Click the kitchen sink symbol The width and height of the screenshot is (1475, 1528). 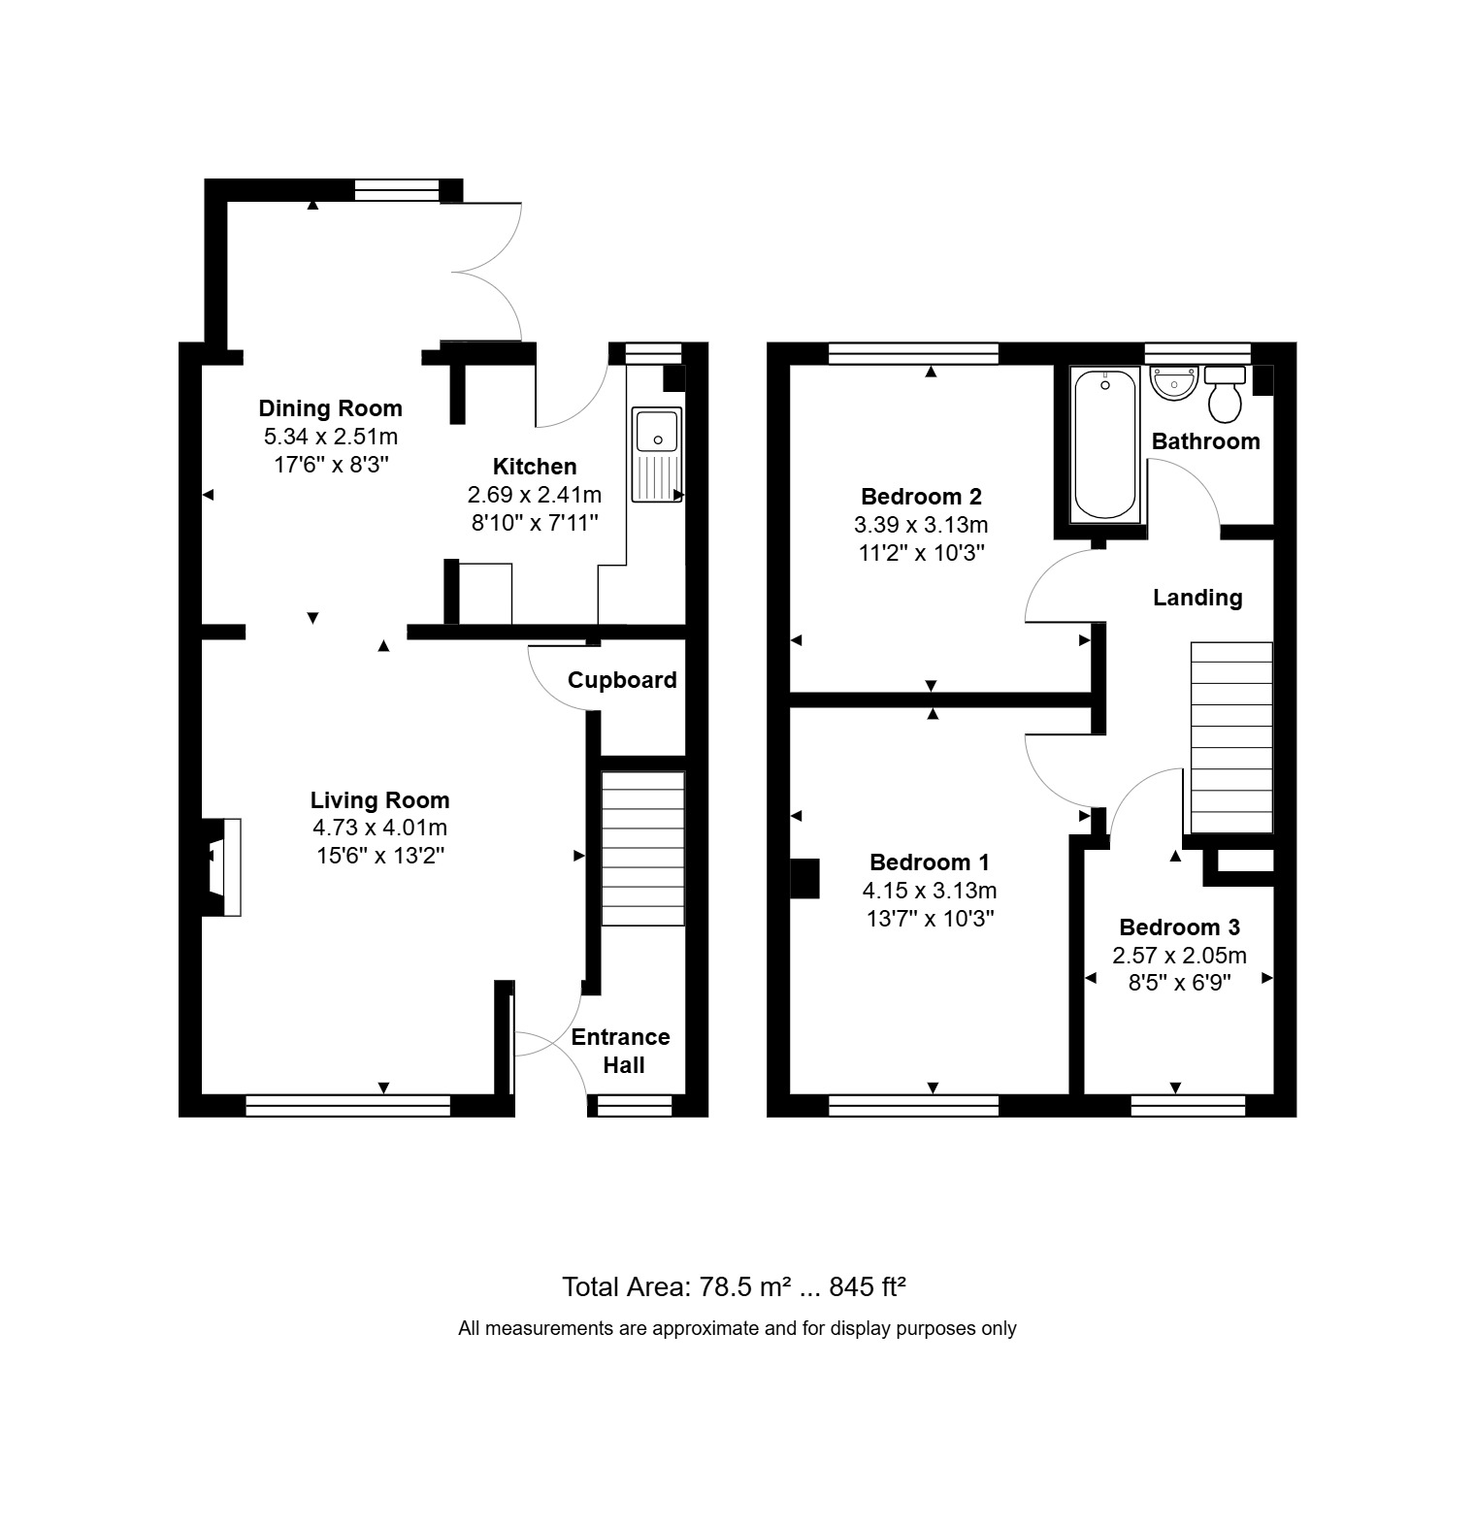657,454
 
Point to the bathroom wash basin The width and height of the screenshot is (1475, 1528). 1173,382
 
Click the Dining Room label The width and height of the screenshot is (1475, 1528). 330,408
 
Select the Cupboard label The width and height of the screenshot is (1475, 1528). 622,680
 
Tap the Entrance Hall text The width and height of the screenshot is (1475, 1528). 621,1051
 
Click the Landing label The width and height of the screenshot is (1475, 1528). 1196,598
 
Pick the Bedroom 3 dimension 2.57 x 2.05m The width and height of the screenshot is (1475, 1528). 1179,956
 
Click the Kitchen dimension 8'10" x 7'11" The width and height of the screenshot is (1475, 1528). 535,522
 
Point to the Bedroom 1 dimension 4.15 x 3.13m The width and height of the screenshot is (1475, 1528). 930,890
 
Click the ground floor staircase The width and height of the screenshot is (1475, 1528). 642,848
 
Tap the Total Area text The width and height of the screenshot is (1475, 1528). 734,1287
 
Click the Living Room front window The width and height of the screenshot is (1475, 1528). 347,1105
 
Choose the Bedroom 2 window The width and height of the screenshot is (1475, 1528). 913,353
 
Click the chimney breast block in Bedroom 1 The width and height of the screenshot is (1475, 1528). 805,878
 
